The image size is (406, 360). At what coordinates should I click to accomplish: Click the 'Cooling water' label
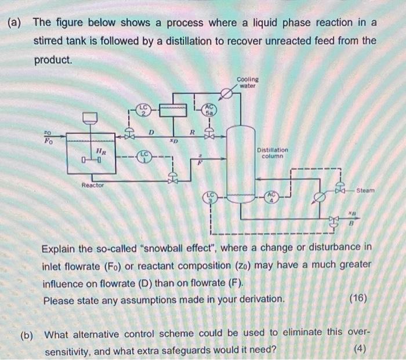point(248,82)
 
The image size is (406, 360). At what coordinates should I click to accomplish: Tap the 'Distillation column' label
point(272,152)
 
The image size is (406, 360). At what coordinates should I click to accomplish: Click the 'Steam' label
point(365,190)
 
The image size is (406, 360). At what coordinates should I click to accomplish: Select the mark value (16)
point(358,299)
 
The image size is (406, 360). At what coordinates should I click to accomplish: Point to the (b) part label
point(27,334)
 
